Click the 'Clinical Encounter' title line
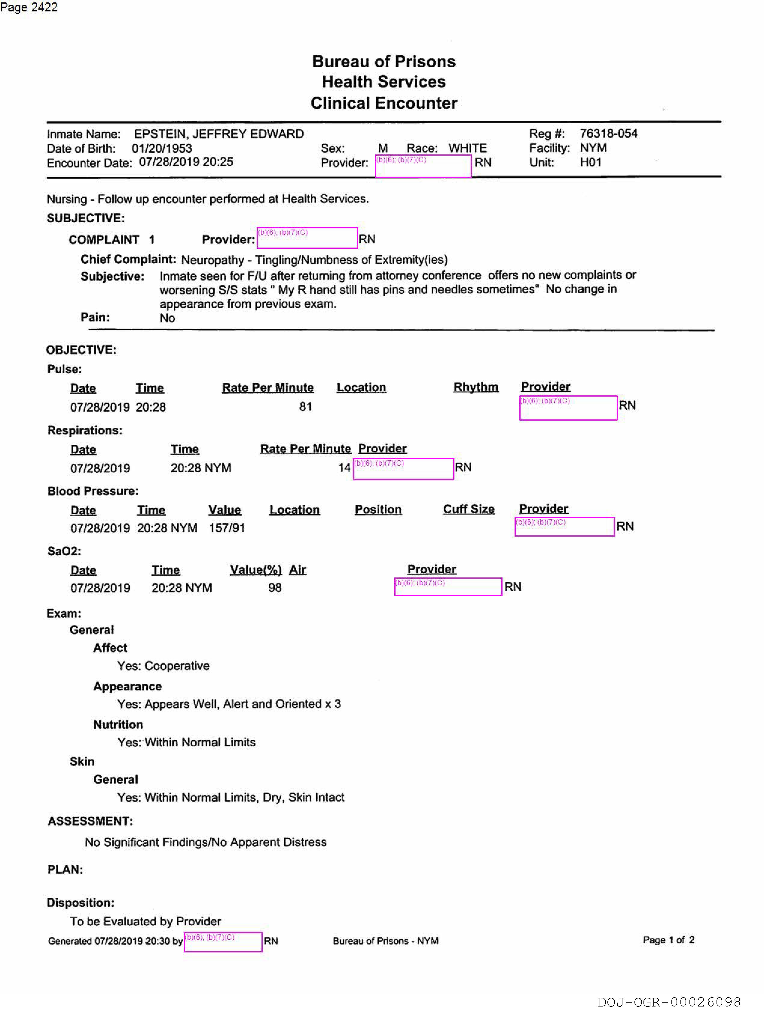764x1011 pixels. [384, 103]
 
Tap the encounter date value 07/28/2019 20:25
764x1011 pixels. [186, 162]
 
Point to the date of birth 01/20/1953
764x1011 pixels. [162, 148]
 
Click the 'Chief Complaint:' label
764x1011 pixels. [128, 259]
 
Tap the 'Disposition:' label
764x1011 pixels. [81, 903]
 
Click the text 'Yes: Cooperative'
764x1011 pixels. [163, 665]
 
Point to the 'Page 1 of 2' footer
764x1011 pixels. [668, 940]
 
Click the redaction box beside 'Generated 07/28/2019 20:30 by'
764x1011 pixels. [223, 942]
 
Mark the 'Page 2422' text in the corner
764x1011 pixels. [29, 7]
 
